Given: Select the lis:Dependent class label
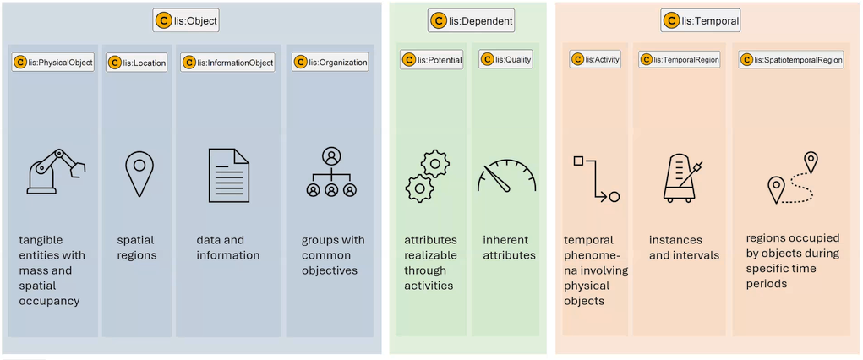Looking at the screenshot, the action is pos(472,21).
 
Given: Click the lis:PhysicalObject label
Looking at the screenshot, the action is pos(53,63).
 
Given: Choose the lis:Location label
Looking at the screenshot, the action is pos(136,63).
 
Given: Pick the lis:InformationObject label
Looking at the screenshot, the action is pos(227,63).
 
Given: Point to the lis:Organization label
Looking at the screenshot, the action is pos(330,62).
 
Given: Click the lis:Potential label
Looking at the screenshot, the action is pos(432,60).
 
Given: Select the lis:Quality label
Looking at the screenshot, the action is pos(506,59).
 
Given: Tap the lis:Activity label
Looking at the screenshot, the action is pos(596,59).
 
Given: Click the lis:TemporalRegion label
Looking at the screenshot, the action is pos(680,59).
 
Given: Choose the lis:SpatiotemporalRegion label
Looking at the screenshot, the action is pos(791,60).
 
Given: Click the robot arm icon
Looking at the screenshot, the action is pos(56,172).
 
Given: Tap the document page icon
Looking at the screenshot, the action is pos(228,175).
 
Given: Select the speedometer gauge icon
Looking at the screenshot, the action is pos(506,176).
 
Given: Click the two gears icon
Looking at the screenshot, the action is pos(427,175).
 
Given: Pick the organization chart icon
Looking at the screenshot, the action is pos(331,172).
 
